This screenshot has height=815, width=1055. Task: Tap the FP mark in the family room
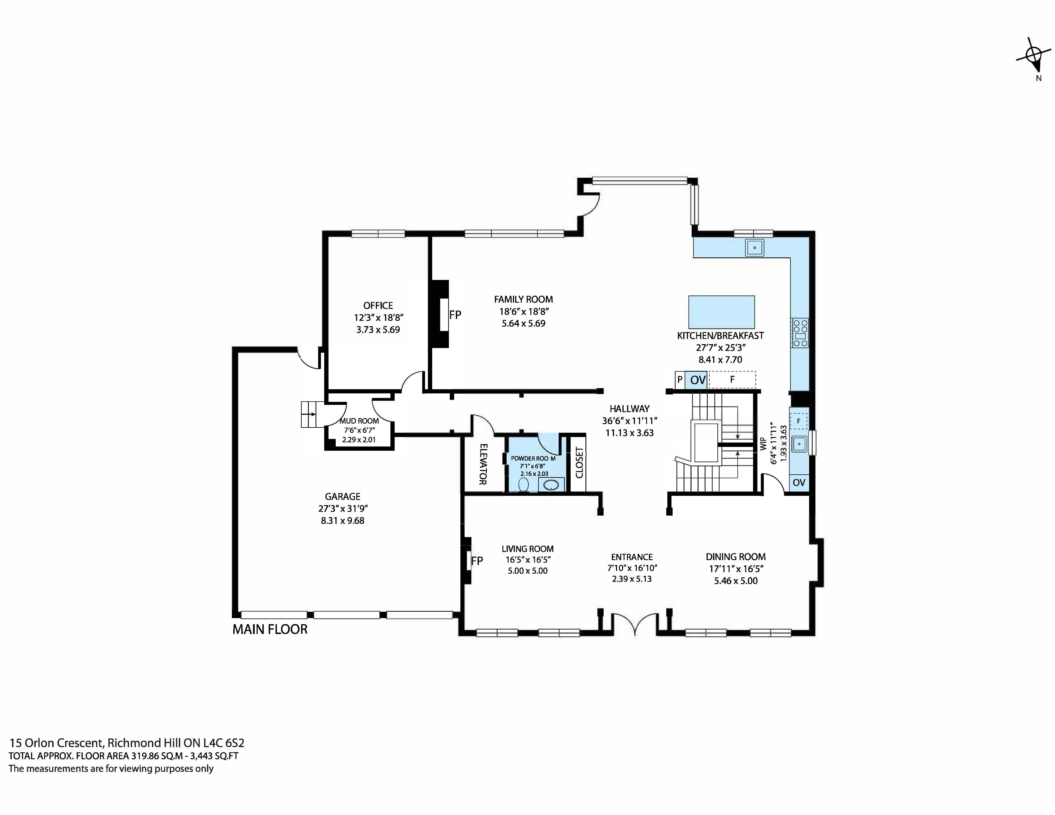[455, 315]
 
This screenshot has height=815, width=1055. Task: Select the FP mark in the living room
[477, 561]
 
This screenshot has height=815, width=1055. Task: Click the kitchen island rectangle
[721, 312]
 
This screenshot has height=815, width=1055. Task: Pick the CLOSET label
[579, 463]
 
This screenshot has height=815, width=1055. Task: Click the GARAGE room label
[343, 496]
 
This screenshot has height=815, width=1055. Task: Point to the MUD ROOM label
[359, 421]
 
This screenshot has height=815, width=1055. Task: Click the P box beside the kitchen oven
[680, 380]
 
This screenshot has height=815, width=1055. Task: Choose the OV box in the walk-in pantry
[799, 482]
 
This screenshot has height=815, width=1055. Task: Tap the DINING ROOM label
[735, 557]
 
